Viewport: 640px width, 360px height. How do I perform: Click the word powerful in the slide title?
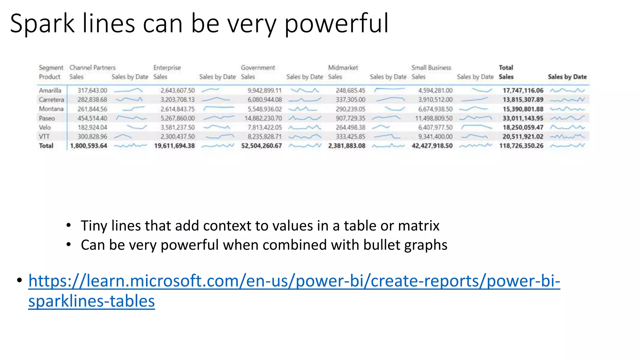(336, 24)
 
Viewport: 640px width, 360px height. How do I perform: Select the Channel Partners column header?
(92, 67)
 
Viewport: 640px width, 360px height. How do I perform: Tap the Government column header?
(258, 67)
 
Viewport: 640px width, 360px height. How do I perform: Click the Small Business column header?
(431, 67)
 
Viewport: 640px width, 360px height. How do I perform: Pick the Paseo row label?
(47, 118)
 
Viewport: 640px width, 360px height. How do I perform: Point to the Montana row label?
(51, 109)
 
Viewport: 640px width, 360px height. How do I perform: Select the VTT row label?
(44, 137)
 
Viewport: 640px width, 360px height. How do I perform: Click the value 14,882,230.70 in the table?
(263, 118)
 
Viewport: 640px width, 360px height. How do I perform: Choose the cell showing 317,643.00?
(92, 90)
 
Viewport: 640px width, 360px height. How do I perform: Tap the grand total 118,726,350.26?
(521, 146)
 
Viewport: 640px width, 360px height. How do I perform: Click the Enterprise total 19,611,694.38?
(174, 146)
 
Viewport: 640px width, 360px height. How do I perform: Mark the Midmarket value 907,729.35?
(350, 118)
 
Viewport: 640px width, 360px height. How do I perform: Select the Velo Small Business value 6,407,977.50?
(435, 127)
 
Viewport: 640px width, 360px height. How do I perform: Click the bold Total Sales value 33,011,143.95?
(523, 118)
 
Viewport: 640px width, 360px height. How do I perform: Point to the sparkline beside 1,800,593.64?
(130, 146)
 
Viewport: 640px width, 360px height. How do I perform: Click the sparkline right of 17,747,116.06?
(567, 90)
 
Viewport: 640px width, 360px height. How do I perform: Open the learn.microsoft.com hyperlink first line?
(294, 281)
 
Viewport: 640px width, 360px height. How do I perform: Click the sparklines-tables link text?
(92, 301)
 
